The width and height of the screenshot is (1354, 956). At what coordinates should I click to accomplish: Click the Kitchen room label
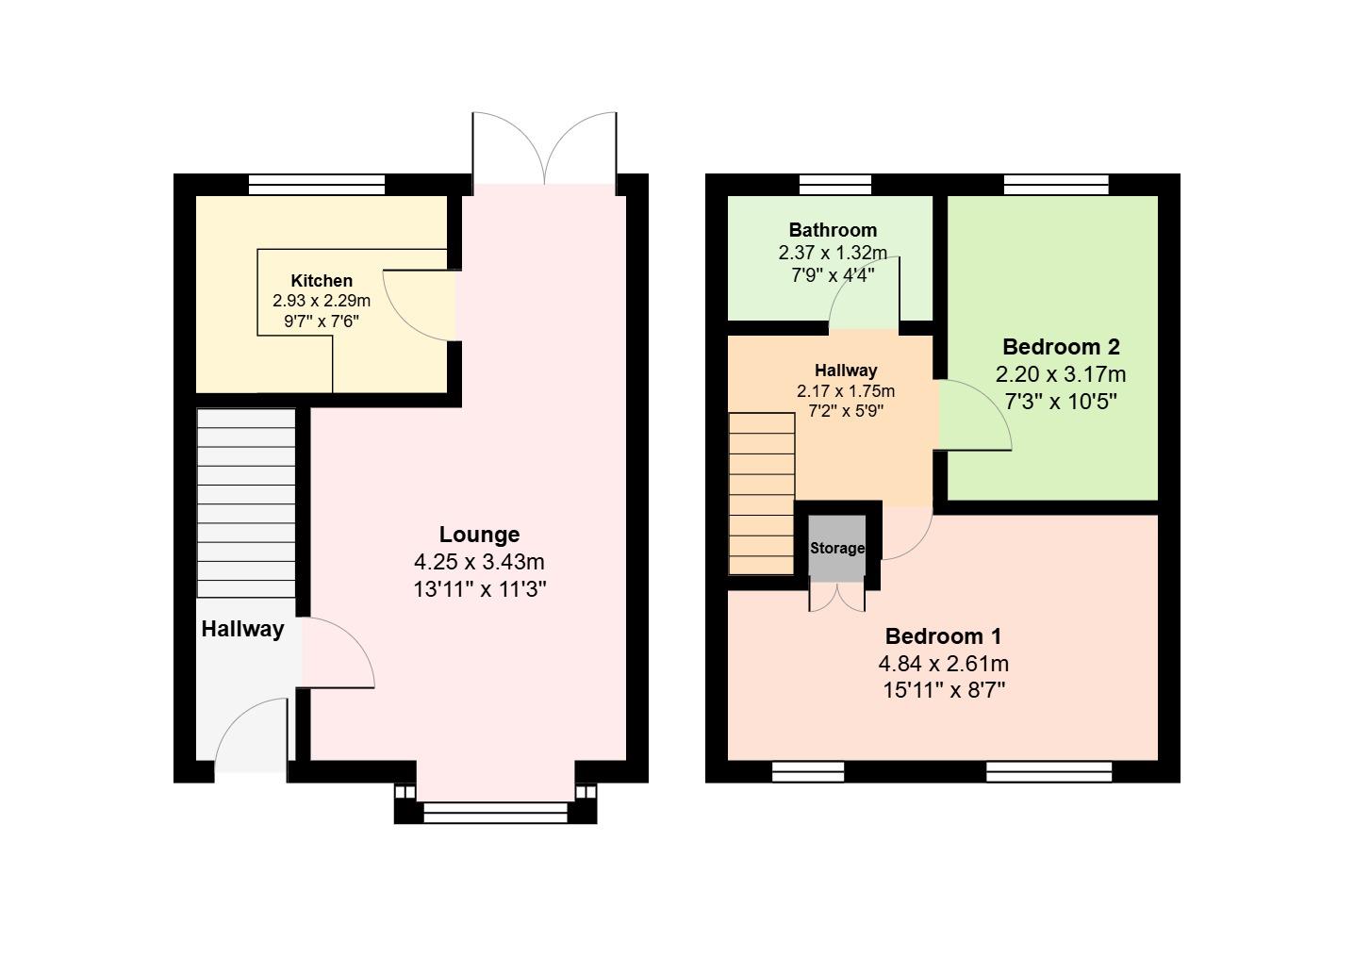click(x=322, y=281)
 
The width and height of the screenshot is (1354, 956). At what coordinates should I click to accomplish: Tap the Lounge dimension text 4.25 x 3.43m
click(x=479, y=563)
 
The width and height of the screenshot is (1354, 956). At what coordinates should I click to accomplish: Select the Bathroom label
click(x=833, y=230)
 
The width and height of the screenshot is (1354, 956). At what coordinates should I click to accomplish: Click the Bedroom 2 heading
click(x=1061, y=346)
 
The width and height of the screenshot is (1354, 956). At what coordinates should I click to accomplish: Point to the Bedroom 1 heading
click(x=943, y=636)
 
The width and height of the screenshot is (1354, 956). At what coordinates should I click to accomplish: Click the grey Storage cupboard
click(x=836, y=549)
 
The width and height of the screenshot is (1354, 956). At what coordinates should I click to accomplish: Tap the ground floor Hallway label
click(x=242, y=630)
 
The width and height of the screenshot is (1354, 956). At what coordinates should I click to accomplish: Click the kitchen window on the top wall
click(x=317, y=185)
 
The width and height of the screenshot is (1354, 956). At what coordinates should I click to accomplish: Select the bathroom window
click(x=835, y=185)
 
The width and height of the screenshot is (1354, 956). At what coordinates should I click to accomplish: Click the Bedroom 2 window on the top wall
click(x=1056, y=185)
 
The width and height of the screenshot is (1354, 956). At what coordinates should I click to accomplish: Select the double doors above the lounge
click(x=545, y=148)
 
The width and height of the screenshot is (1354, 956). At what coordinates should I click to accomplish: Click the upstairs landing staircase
click(x=762, y=494)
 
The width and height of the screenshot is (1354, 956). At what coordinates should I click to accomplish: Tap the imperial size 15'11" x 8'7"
click(x=943, y=690)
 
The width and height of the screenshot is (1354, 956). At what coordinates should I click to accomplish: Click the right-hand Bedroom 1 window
click(x=1049, y=772)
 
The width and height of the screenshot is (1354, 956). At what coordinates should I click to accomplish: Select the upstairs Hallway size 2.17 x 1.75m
click(x=846, y=391)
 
